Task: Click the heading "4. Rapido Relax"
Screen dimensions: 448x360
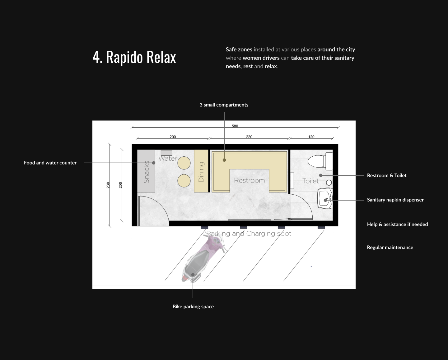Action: pos(134,57)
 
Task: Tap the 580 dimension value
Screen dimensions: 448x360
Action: pos(235,126)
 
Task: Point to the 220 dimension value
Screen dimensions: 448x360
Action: pos(249,137)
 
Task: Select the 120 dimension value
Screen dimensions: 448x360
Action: pos(311,137)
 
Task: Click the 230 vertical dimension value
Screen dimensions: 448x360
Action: pos(108,185)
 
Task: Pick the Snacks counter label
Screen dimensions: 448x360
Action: pos(146,172)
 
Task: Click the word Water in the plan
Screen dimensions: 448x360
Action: pos(168,159)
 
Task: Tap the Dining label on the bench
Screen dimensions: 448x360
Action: pos(201,172)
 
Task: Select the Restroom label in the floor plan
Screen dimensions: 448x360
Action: pos(250,180)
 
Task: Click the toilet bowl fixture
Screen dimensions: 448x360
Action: pos(320,161)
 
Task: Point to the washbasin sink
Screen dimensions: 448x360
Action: pos(325,198)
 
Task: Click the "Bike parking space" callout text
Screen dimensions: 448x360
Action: pos(193,306)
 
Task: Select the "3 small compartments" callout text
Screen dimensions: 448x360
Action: pos(224,105)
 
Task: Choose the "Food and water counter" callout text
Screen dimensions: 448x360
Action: pos(50,163)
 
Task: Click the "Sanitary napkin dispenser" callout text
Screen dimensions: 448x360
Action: pos(395,200)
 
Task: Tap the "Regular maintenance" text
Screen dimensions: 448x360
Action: pos(390,247)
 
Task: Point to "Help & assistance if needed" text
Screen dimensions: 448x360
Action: pos(397,224)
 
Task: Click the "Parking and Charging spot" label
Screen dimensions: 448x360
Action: pos(249,234)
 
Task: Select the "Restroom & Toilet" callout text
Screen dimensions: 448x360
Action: pos(387,175)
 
